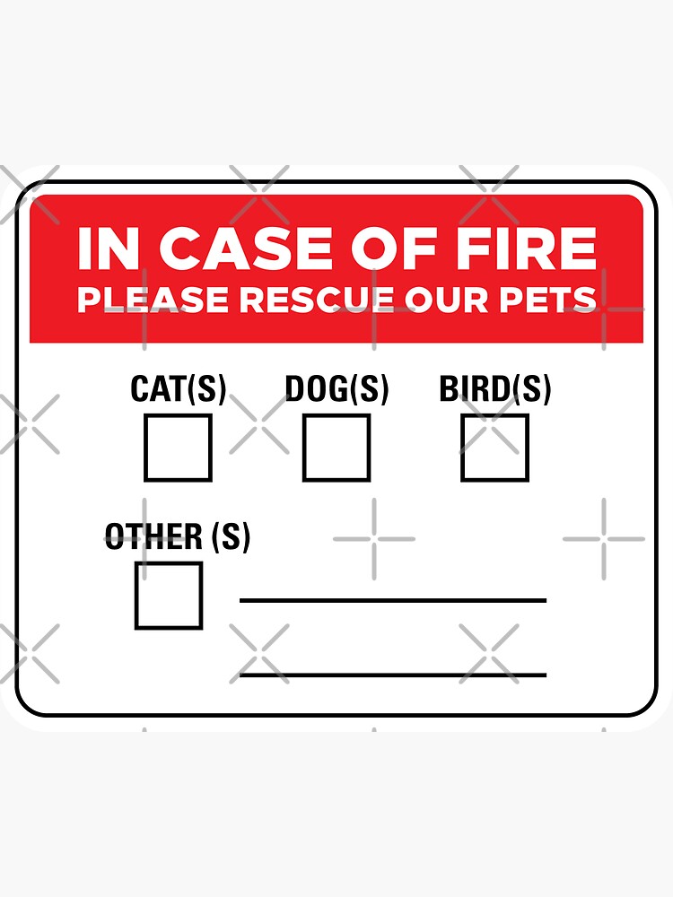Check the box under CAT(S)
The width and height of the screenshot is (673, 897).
pyautogui.click(x=178, y=447)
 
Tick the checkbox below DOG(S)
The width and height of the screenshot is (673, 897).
pyautogui.click(x=336, y=447)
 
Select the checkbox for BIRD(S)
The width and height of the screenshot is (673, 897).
pyautogui.click(x=494, y=447)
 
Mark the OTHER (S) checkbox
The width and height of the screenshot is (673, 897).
pyautogui.click(x=169, y=595)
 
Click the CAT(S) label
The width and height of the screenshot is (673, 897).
pyautogui.click(x=178, y=389)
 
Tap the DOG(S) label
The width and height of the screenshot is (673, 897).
pyautogui.click(x=336, y=389)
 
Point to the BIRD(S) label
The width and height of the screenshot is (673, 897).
pyautogui.click(x=494, y=389)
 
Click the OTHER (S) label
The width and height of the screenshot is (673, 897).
pyautogui.click(x=178, y=537)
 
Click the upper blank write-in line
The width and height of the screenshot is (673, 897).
pyautogui.click(x=393, y=599)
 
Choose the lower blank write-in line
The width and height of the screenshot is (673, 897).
pyautogui.click(x=393, y=674)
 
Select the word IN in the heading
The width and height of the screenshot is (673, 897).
pyautogui.click(x=108, y=249)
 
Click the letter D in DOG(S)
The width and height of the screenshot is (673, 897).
pyautogui.click(x=295, y=389)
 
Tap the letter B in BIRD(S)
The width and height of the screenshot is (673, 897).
pyautogui.click(x=449, y=389)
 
